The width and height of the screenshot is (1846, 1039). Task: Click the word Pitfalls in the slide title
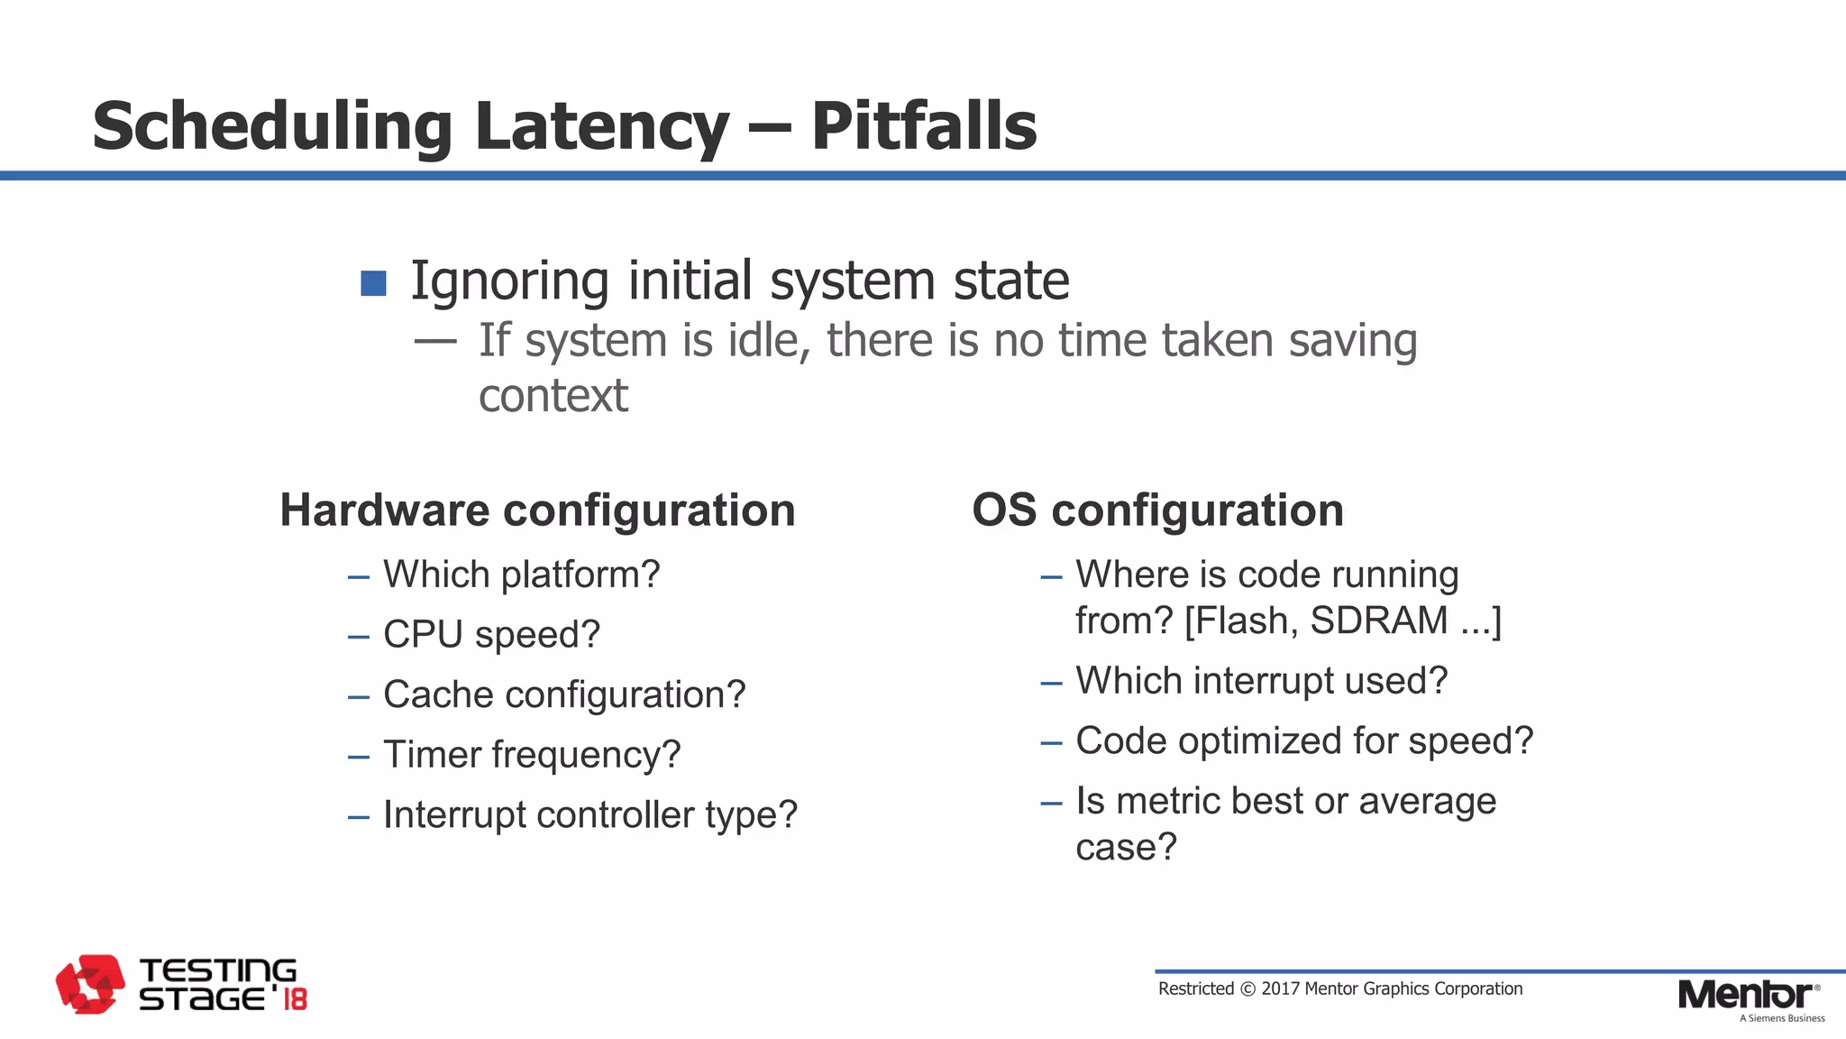coord(924,126)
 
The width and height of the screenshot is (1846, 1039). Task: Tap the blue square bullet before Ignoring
coord(373,283)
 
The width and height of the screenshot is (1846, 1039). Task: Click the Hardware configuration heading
coord(537,510)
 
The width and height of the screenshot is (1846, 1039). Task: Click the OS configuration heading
coord(1157,510)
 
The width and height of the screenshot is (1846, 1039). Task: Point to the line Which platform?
coord(521,575)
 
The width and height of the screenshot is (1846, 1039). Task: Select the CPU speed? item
coord(491,635)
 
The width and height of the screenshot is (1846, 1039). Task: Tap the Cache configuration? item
coord(564,695)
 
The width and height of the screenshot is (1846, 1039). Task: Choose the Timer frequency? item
coord(532,755)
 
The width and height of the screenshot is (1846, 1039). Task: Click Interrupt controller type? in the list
coord(590,815)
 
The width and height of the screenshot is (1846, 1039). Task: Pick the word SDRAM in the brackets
coord(1378,621)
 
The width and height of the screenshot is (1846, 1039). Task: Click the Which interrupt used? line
coord(1261,681)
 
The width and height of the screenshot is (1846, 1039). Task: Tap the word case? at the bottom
coord(1126,848)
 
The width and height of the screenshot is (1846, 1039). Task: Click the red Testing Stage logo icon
coord(90,984)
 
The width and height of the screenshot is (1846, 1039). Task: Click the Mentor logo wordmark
coord(1745,995)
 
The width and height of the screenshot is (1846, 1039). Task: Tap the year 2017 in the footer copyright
coord(1280,989)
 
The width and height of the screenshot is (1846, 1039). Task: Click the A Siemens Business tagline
coord(1781,1019)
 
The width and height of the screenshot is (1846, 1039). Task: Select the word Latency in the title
coord(601,126)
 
